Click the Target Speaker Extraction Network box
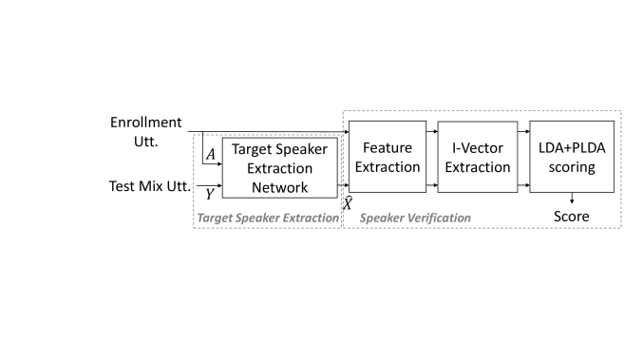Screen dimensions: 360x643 (280, 168)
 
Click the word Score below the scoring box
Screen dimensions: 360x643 (571, 217)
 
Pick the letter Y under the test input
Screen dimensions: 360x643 (209, 194)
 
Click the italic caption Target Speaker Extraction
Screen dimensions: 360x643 (267, 218)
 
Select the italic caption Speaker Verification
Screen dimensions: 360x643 (415, 218)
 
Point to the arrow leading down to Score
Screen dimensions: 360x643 (571, 199)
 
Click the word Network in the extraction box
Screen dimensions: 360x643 (280, 187)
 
